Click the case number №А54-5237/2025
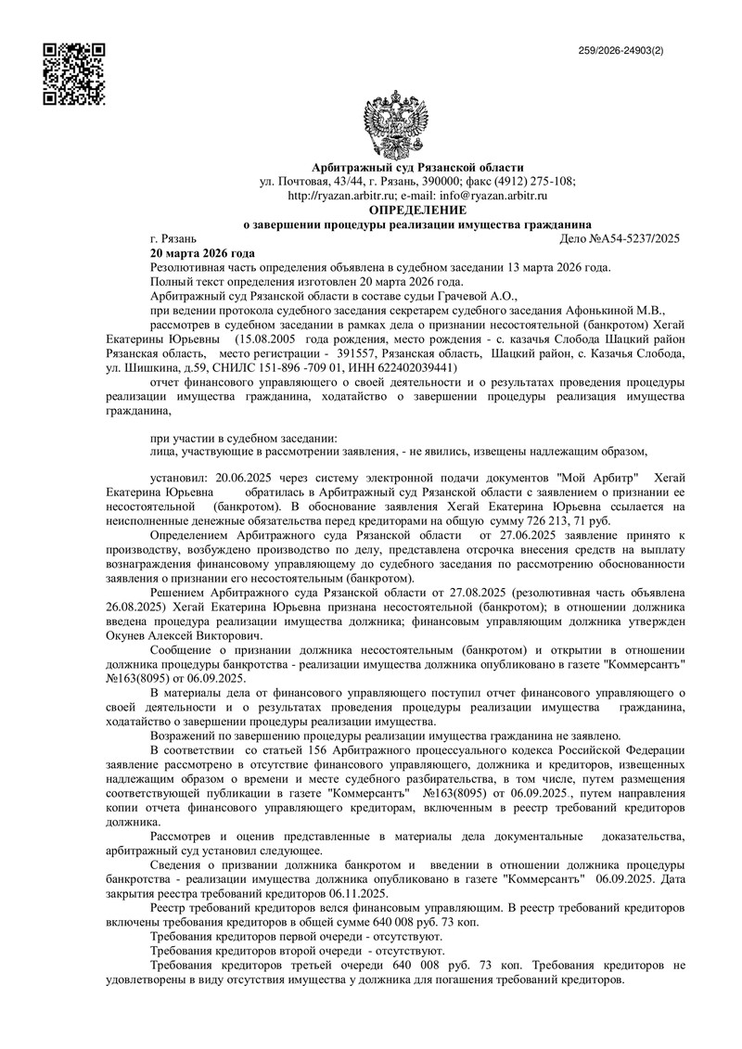click(620, 238)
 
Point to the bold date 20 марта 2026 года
click(201, 252)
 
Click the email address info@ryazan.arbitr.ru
click(493, 197)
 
